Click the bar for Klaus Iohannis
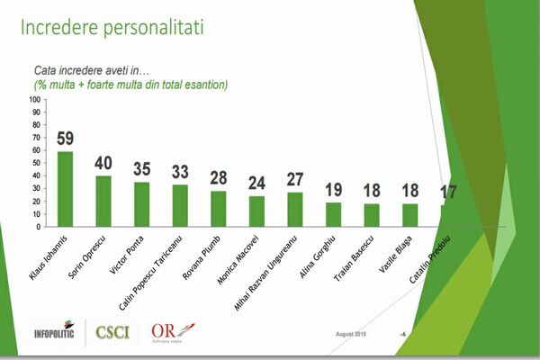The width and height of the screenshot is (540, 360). [x=65, y=189]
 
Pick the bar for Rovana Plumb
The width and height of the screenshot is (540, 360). [x=218, y=209]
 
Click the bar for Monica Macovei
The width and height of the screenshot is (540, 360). [x=256, y=211]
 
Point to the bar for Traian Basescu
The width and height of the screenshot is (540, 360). [x=372, y=215]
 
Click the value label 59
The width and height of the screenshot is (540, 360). [x=65, y=139]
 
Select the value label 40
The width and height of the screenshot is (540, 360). [x=103, y=163]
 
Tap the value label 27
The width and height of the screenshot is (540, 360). [x=295, y=179]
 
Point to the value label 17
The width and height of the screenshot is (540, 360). [x=448, y=192]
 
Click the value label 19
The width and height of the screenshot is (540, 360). [x=333, y=190]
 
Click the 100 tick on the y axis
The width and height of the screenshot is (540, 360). [x=34, y=100]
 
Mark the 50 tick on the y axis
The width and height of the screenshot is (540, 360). [x=36, y=163]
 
